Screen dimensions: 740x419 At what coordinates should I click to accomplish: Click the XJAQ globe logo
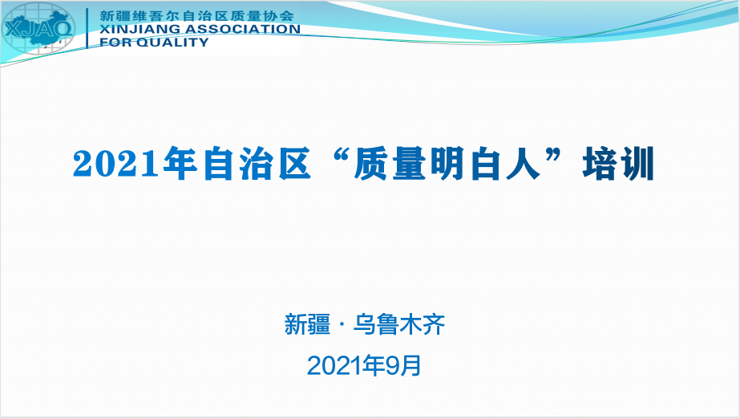coord(38,28)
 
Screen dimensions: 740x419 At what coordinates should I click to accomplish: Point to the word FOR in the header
coord(116,43)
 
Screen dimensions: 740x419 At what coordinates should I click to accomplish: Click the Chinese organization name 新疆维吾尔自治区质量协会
coord(196,15)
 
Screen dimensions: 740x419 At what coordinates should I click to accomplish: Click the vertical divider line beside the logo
coord(87,28)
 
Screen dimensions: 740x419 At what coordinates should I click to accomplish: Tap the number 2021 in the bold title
coord(116,164)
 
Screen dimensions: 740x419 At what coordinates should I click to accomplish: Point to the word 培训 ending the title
coord(618,164)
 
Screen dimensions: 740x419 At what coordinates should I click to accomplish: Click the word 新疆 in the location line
coord(307,324)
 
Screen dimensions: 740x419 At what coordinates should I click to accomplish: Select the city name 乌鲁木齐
coord(399,324)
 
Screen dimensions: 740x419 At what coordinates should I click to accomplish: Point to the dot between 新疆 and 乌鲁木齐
coord(342,325)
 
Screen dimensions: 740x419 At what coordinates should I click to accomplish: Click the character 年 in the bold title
coord(180,164)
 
